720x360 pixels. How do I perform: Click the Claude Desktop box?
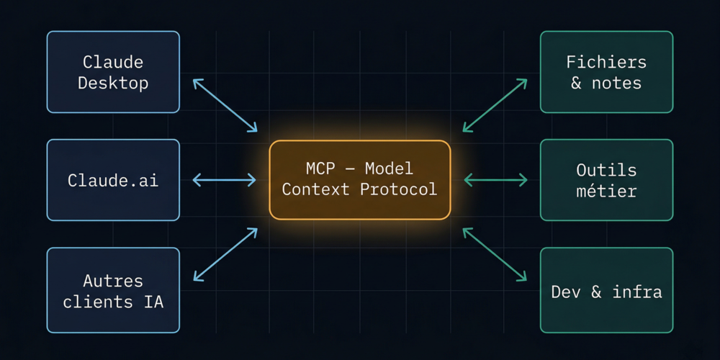[113, 72]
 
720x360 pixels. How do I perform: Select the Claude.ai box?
[113, 180]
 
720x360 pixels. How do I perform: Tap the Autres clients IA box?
[113, 290]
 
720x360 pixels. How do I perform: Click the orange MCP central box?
[359, 180]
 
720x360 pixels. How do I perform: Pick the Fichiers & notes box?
[606, 72]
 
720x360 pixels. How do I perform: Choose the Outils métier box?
[606, 180]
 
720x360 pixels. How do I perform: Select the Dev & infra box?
[606, 290]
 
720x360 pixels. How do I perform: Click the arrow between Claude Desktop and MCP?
[225, 105]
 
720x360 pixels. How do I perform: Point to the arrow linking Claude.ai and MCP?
[225, 180]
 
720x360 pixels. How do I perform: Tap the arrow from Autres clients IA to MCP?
[225, 254]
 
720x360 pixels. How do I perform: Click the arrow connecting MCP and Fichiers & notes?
[495, 105]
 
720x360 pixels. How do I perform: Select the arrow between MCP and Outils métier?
[495, 180]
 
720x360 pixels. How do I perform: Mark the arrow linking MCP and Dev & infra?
[495, 254]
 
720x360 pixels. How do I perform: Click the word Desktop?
[113, 83]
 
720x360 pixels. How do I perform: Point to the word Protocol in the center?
[405, 189]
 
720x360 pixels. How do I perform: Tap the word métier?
[606, 191]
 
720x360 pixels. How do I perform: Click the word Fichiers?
[606, 62]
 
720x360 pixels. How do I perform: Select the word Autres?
[113, 280]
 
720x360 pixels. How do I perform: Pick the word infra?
[637, 292]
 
